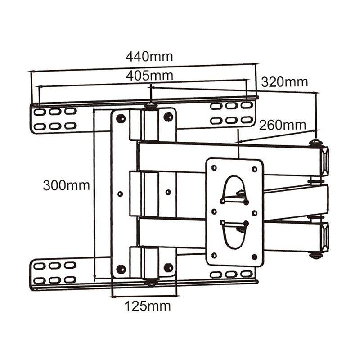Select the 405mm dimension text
coord(149,76)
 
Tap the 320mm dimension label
coord(284,82)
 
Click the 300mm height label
coord(66,185)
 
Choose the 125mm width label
coord(148,306)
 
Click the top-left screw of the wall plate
coord(121,118)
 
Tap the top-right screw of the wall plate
coord(168,117)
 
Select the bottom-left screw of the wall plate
coord(121,269)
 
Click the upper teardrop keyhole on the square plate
coord(234,189)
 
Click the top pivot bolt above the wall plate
coord(150,107)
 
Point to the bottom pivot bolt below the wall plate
coord(150,282)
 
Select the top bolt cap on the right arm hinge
coord(316,144)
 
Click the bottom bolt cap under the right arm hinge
coord(316,256)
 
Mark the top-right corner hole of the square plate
coord(255,169)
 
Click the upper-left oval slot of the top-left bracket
coord(40,111)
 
